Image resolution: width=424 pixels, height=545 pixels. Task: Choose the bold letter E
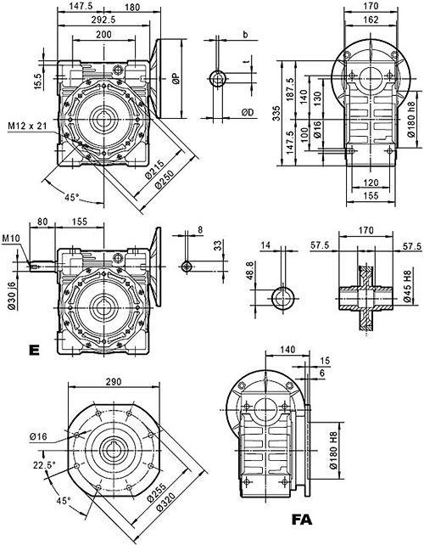33,349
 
